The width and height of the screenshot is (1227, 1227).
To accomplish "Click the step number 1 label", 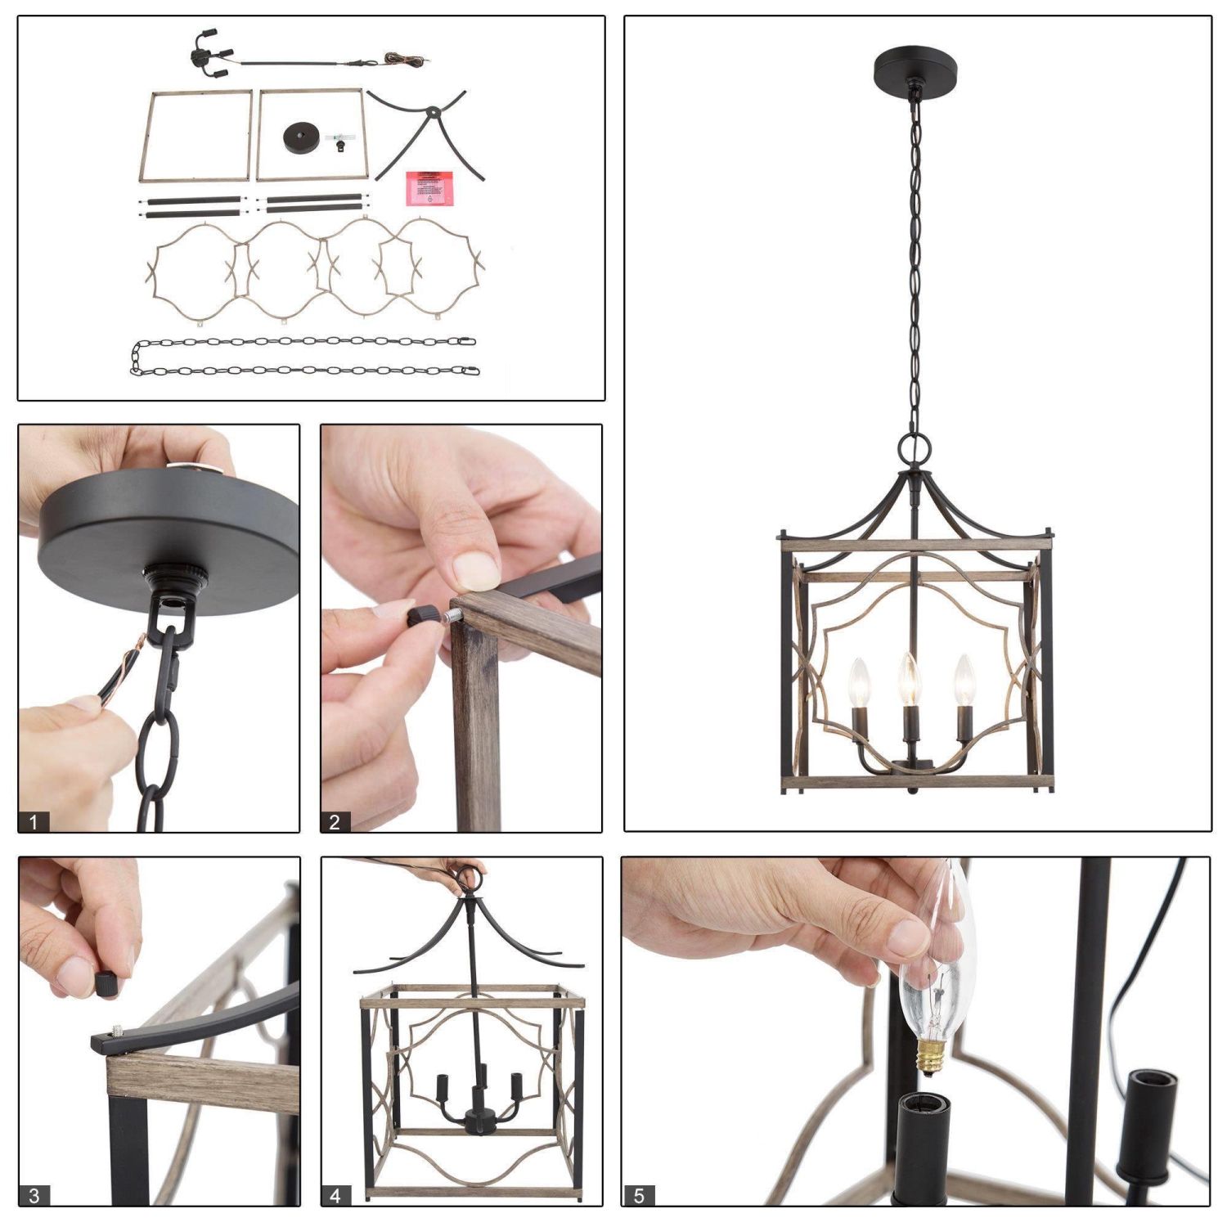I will [x=34, y=821].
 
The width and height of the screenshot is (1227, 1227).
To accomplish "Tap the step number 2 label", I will [x=335, y=821].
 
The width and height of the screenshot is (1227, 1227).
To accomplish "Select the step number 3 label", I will [x=34, y=1195].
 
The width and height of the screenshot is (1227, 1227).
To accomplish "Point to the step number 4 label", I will [x=335, y=1195].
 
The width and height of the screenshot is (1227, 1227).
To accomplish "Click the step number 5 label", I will [x=639, y=1195].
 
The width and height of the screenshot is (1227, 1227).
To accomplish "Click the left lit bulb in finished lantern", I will [x=858, y=684].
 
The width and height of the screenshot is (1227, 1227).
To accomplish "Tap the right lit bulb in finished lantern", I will [x=964, y=681].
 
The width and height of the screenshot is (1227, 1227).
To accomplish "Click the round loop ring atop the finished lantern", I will [x=914, y=447].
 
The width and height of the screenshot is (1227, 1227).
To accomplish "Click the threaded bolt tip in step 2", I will [x=451, y=615].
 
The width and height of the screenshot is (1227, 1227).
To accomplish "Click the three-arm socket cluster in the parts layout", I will [x=205, y=56].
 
